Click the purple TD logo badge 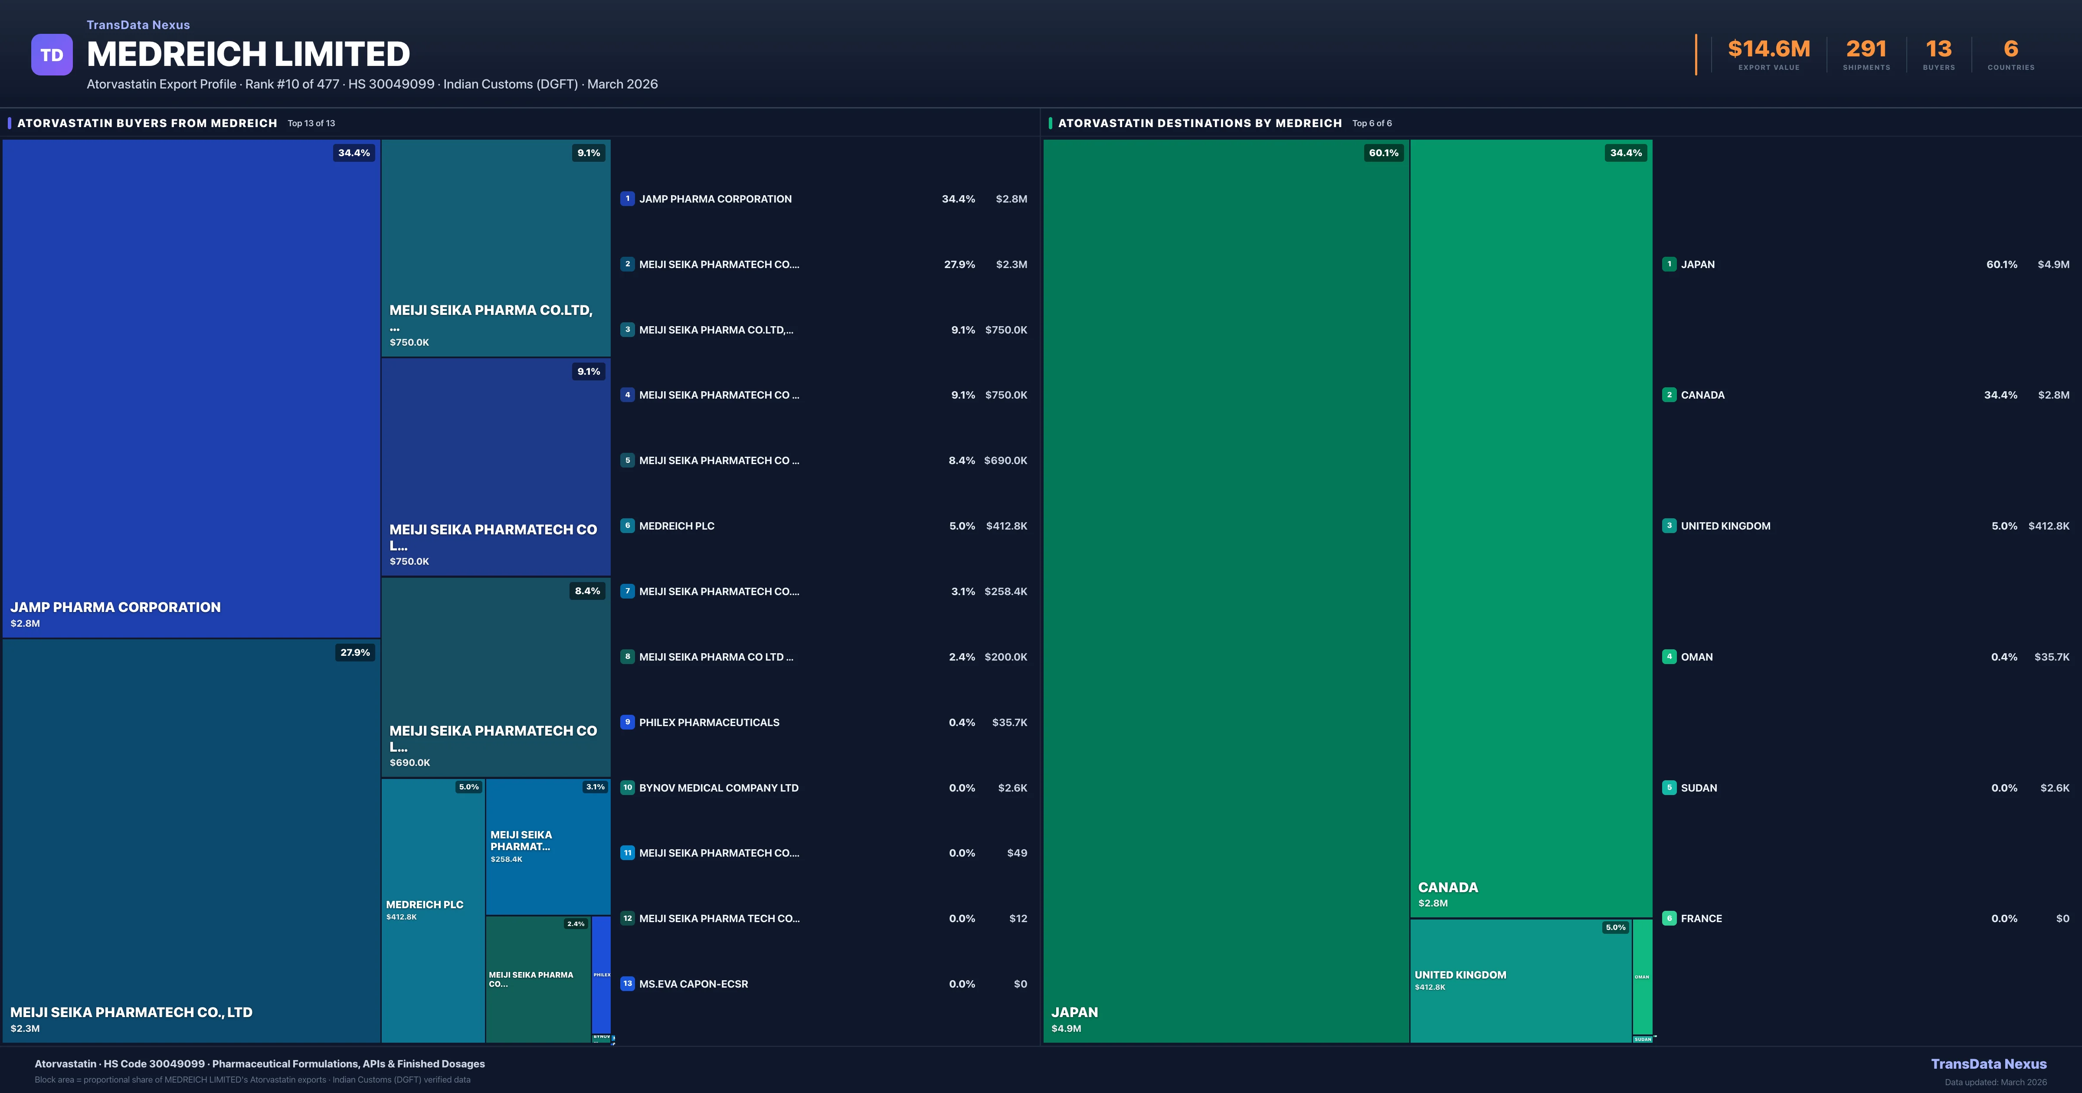click(52, 55)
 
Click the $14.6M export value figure click(1768, 49)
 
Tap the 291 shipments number click(1866, 49)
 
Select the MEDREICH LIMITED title click(248, 54)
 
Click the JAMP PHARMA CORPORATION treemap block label click(115, 607)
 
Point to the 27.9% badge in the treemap click(355, 652)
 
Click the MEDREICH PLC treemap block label click(424, 905)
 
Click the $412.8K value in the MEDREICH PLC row click(1006, 526)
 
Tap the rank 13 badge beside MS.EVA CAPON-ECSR click(627, 984)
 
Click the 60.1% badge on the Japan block click(1383, 153)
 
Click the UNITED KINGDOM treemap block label click(1460, 975)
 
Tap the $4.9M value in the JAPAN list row click(2053, 264)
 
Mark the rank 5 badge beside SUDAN click(1669, 787)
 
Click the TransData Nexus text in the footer click(1988, 1064)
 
